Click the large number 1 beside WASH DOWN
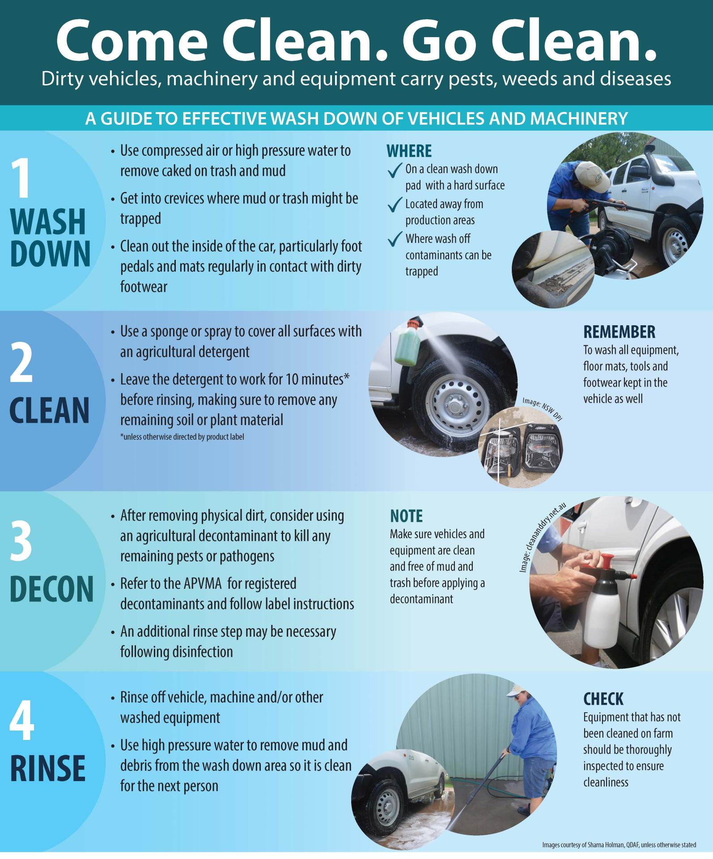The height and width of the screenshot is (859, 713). (21, 179)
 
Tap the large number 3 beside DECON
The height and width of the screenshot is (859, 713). (21, 542)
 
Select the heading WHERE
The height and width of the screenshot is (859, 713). (409, 151)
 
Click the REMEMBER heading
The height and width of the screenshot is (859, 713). (619, 332)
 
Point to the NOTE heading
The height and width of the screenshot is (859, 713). (406, 516)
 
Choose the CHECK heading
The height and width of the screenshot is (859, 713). (603, 699)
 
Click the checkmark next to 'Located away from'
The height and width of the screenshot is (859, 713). (395, 205)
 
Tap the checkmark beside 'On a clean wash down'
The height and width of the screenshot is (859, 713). (395, 170)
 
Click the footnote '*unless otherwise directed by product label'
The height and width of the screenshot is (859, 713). (182, 437)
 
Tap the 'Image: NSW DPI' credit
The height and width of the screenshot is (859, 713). (542, 409)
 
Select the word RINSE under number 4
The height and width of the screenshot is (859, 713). (47, 768)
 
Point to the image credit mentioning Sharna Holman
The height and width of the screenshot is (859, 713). (619, 845)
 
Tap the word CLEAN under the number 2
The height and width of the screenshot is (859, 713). (49, 410)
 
